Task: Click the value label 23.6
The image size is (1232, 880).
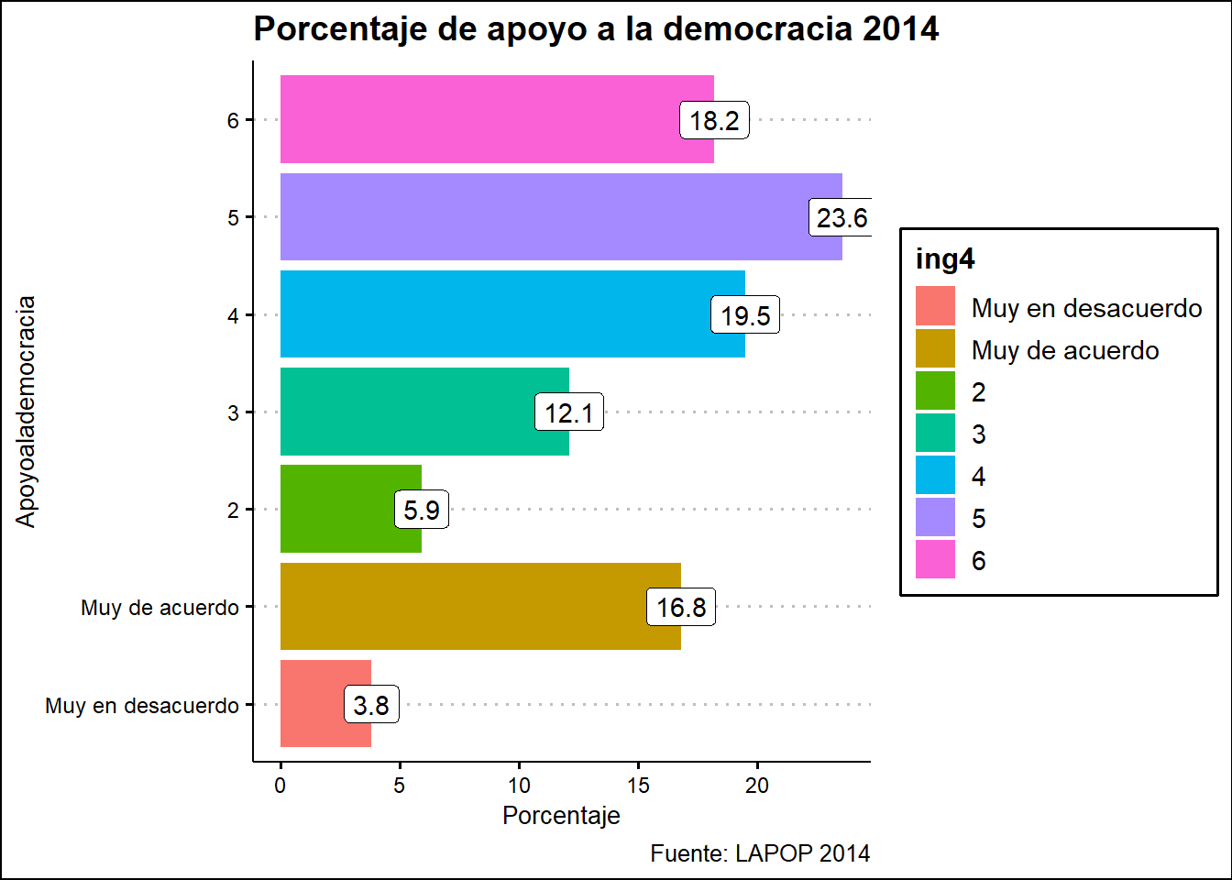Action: coord(841,218)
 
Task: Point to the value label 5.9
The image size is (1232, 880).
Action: coord(422,510)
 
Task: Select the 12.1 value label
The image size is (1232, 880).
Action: coord(569,412)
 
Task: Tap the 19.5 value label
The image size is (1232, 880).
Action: coord(745,315)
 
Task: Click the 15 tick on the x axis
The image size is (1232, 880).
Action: coord(638,786)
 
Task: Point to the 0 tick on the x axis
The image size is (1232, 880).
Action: coord(280,786)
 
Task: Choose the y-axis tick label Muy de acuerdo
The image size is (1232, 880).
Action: coord(159,608)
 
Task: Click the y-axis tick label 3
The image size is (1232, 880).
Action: coord(234,413)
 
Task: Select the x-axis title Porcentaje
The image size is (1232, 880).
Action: coord(561,816)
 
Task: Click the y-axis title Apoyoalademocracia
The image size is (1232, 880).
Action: coord(26,412)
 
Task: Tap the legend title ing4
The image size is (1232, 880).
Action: coord(945,259)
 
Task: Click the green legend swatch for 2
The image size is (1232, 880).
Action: coord(935,391)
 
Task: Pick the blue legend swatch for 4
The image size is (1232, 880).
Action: coord(935,476)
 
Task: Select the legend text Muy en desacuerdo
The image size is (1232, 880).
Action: coord(1086,308)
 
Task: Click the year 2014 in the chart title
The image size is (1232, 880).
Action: coord(900,29)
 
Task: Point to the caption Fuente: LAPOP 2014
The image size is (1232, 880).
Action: coord(760,853)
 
